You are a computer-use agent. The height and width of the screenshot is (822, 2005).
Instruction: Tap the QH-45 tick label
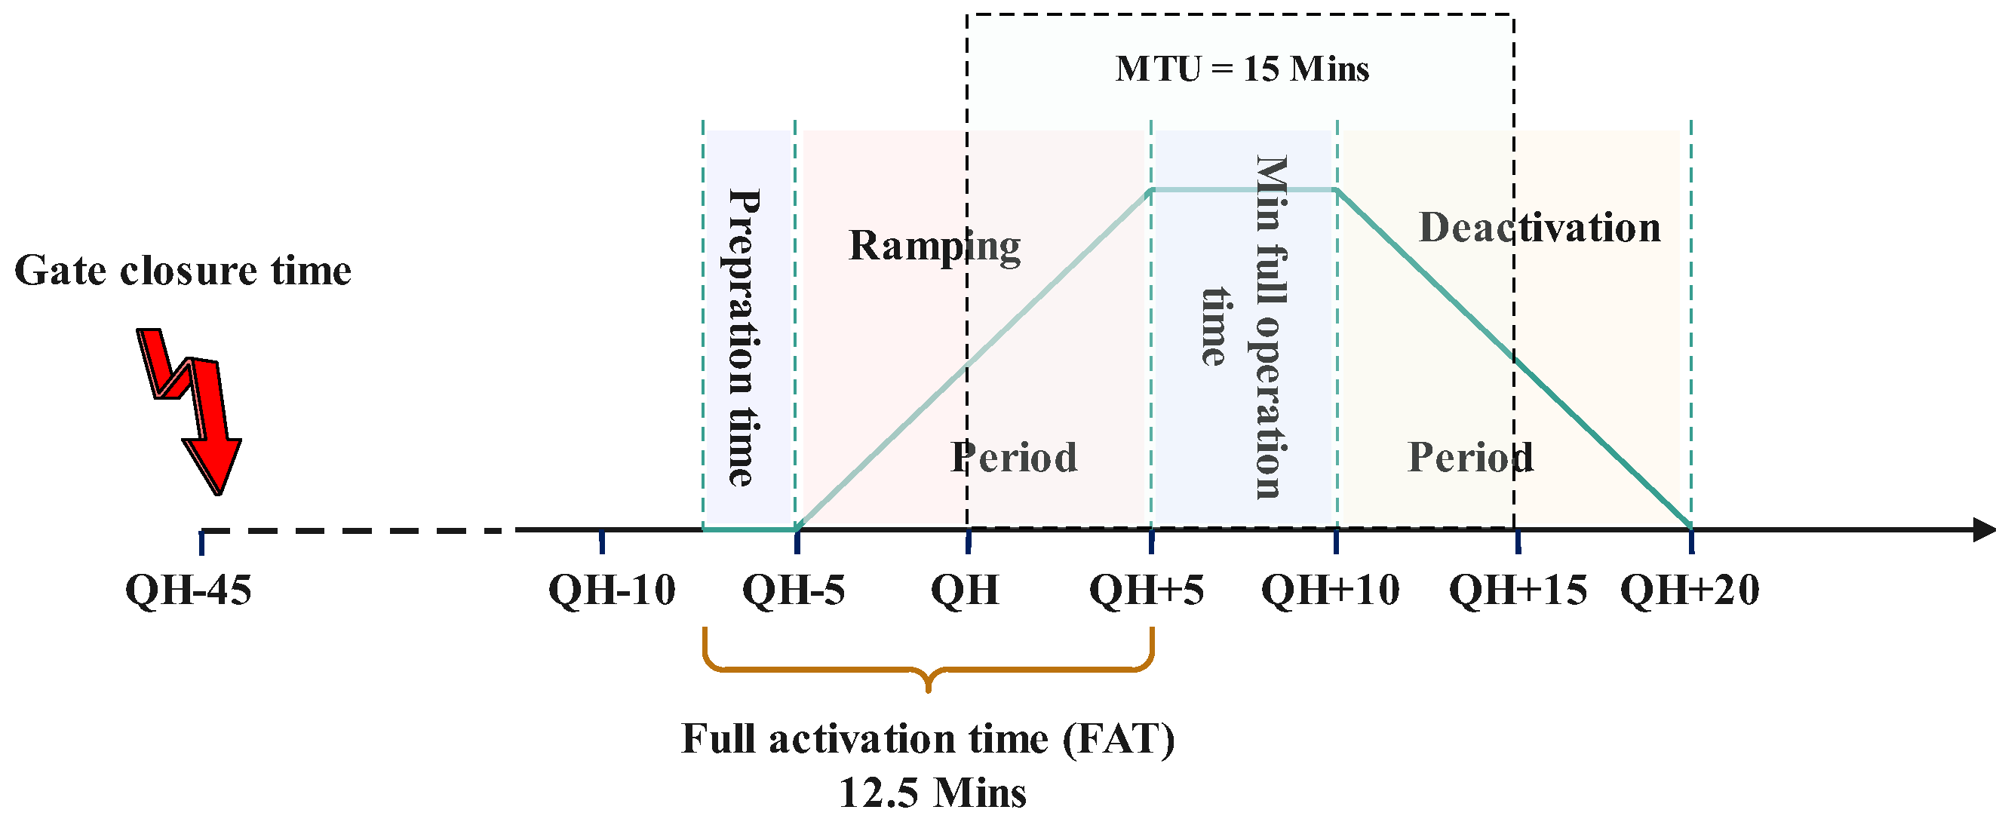[x=189, y=590]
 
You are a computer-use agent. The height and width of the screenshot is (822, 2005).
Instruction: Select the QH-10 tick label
[x=612, y=590]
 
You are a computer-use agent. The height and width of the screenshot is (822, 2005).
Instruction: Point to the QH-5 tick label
[x=793, y=590]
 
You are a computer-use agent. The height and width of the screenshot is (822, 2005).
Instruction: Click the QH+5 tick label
[x=1147, y=590]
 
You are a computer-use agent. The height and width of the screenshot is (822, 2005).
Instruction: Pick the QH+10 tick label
[x=1330, y=590]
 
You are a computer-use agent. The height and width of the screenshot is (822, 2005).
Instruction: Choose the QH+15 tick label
[x=1518, y=590]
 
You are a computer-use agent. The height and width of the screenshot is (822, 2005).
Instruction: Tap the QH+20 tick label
[x=1690, y=590]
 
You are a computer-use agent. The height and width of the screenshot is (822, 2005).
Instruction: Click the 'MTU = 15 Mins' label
[x=1242, y=69]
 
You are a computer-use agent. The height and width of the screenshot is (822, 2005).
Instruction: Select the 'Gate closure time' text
[x=183, y=271]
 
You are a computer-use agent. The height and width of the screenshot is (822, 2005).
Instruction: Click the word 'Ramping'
[x=935, y=247]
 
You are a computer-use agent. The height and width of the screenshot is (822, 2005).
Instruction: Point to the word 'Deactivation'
[x=1540, y=227]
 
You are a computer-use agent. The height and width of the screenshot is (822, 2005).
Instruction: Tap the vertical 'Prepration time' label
[x=743, y=338]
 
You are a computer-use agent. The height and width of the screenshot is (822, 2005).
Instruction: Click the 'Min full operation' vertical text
[x=1272, y=327]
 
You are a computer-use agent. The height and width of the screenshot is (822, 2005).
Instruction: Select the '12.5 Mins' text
[x=932, y=793]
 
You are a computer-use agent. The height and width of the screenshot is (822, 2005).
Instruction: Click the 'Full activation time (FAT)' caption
[x=928, y=739]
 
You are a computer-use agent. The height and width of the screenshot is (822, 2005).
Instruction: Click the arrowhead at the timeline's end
[x=1985, y=530]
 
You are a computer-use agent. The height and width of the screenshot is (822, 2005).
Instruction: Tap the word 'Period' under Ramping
[x=1014, y=457]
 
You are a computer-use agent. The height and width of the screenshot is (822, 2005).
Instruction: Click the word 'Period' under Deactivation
[x=1470, y=457]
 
